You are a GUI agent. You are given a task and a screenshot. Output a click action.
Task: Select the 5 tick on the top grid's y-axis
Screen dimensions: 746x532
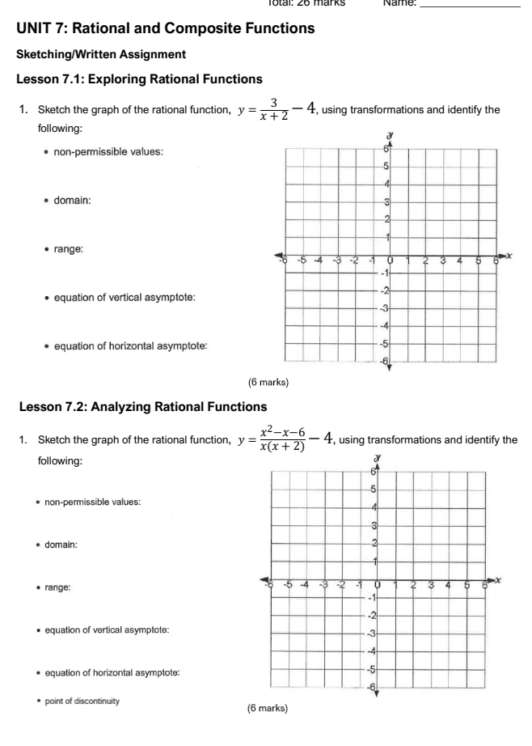coord(386,167)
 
